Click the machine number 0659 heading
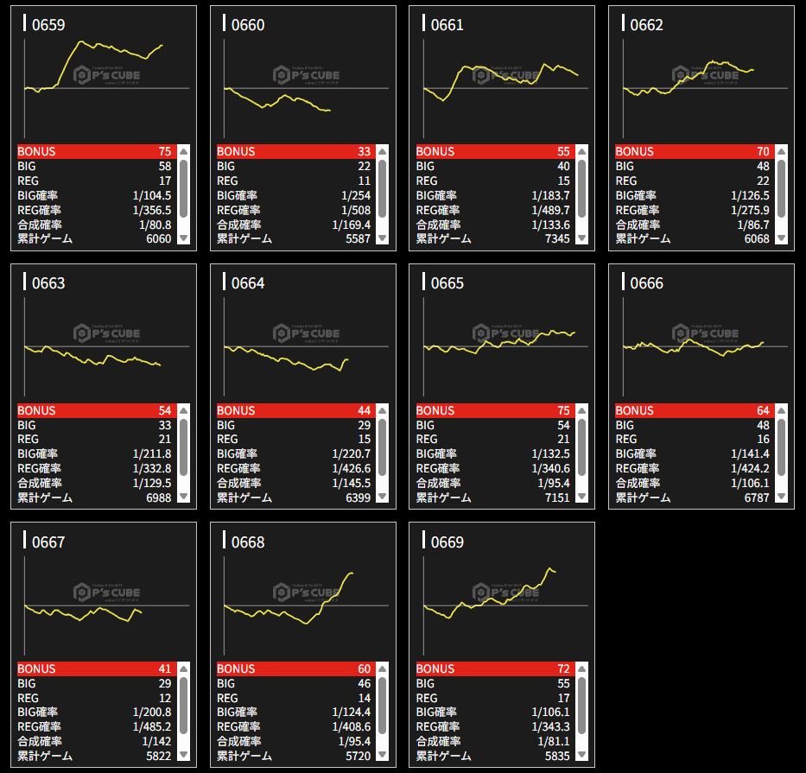tap(48, 25)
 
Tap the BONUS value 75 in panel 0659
tap(164, 152)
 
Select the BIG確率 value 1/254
tap(355, 195)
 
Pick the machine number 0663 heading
tap(48, 283)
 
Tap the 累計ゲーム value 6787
tap(756, 497)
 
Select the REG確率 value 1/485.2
tap(152, 726)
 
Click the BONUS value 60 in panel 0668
tap(364, 669)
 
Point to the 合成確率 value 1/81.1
tap(554, 741)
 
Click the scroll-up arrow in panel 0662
tap(781, 151)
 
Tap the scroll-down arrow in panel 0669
tap(581, 755)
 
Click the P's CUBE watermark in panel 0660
tap(307, 75)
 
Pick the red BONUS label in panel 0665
tap(435, 410)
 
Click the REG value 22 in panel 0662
tap(762, 181)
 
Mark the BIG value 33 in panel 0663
tap(164, 425)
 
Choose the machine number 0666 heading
tap(646, 283)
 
